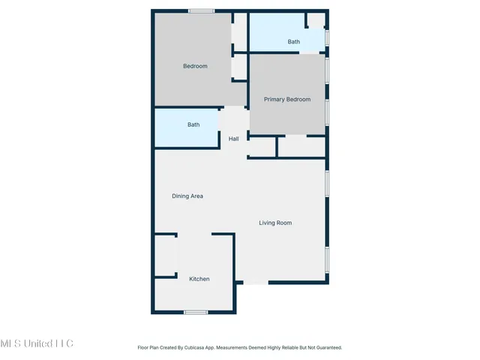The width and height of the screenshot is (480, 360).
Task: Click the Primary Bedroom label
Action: point(286,99)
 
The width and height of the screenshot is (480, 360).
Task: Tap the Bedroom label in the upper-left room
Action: point(195,66)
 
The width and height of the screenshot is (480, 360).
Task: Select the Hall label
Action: point(233,139)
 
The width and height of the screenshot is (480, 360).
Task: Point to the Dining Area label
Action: point(187,196)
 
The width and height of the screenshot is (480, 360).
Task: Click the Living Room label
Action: point(275,223)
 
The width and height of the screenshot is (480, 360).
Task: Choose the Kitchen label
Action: point(199,279)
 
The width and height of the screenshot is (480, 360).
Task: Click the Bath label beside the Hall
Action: point(193,124)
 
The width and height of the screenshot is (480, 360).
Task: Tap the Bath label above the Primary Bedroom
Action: point(293,42)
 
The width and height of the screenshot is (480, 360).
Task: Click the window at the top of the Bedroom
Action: point(200,10)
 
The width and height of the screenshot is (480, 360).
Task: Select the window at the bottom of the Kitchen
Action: point(196,312)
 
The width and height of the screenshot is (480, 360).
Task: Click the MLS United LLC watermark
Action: point(37,343)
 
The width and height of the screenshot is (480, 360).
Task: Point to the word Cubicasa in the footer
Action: point(196,348)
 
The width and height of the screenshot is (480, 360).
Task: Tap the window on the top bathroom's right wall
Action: point(327,37)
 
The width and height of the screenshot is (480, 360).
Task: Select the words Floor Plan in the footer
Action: point(148,348)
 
